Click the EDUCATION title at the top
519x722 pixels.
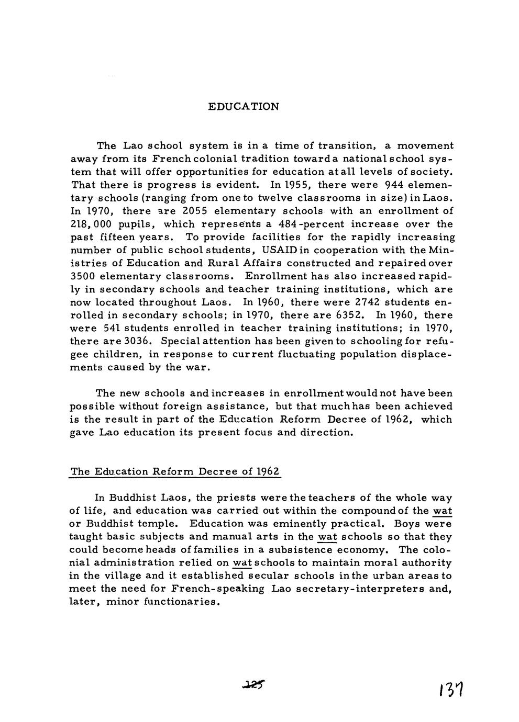[244, 107]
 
